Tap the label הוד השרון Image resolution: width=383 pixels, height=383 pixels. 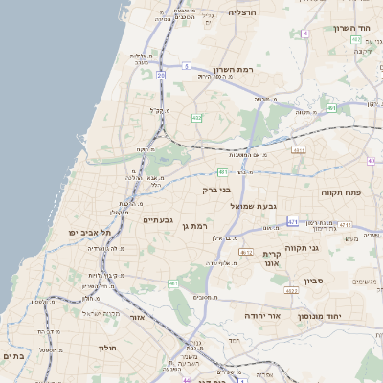[x=351, y=28]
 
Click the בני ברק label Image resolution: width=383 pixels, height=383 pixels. [x=217, y=190]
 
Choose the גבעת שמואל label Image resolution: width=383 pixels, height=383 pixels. [x=254, y=206]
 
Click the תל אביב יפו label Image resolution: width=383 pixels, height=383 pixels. [x=91, y=233]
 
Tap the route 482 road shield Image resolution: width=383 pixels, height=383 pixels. [x=196, y=118]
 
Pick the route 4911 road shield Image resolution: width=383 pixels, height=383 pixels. [x=299, y=150]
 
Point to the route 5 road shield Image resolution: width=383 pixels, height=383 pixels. [x=188, y=66]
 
